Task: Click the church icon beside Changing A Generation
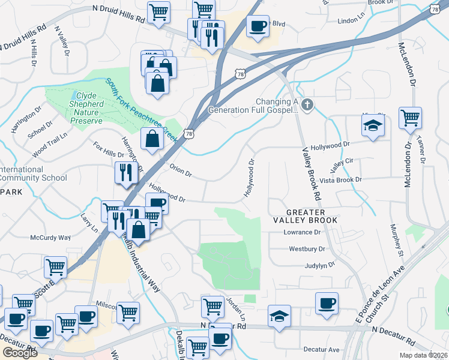coord(307,106)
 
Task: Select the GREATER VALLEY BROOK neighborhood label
coord(306,217)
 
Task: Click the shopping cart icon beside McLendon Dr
coord(410,118)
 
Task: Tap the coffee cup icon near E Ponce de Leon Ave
coord(327,303)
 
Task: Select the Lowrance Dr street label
coord(303,232)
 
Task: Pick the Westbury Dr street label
coord(307,248)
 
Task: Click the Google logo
coord(20,352)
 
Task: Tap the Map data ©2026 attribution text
coord(424,355)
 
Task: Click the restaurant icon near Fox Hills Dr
coord(126,173)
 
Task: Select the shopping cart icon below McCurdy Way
coord(55,266)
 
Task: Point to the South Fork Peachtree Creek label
coord(142,109)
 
